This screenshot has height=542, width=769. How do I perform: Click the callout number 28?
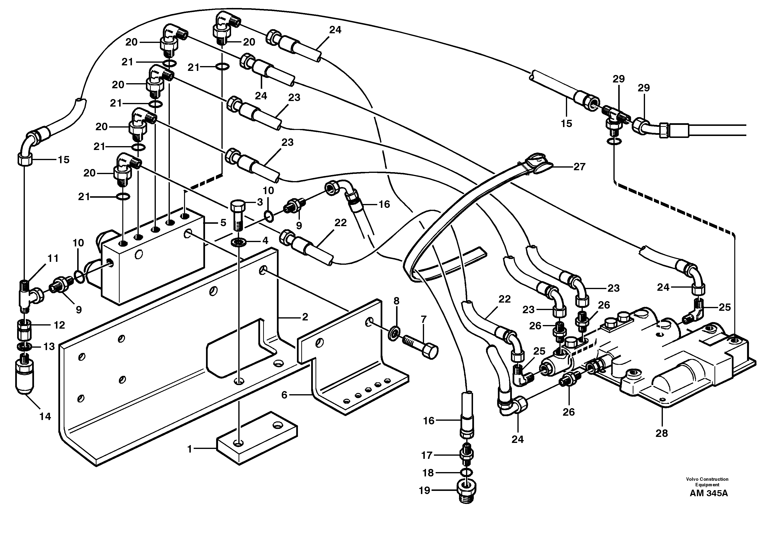tap(661, 434)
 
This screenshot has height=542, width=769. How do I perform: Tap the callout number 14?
tap(45, 416)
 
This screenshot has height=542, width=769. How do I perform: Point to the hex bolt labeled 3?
tap(237, 215)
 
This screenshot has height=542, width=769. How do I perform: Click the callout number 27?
tap(579, 166)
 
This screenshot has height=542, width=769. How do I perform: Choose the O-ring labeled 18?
tap(467, 472)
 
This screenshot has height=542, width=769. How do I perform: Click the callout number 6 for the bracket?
tap(284, 395)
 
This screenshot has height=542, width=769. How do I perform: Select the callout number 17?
tap(427, 455)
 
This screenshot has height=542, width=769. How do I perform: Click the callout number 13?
tap(49, 346)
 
